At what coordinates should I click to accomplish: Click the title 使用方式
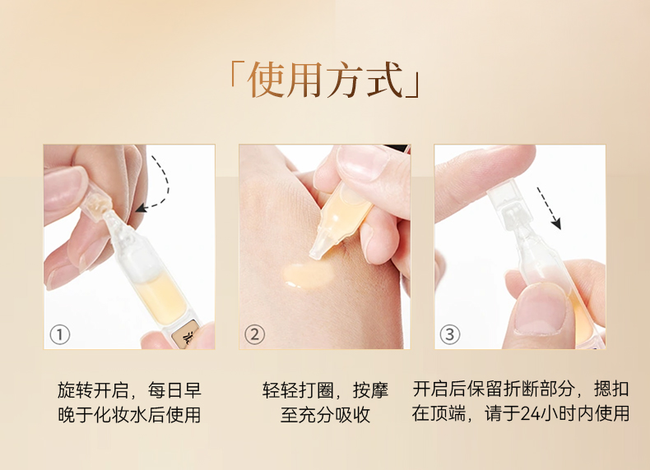[x=325, y=81]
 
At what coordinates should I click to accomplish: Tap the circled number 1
[x=60, y=334]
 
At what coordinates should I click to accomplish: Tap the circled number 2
[x=254, y=334]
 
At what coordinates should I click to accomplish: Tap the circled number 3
[x=449, y=334]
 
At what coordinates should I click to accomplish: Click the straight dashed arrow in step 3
[x=549, y=208]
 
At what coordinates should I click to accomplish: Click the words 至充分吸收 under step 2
[x=325, y=415]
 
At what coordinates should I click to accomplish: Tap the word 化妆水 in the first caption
[x=121, y=415]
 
